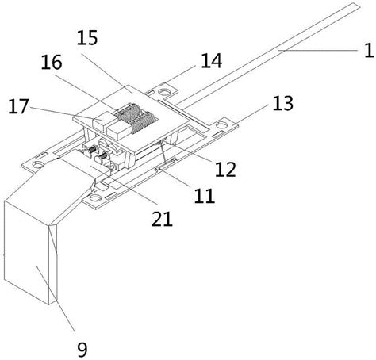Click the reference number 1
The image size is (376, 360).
[x=369, y=50]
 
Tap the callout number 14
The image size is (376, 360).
[x=212, y=61]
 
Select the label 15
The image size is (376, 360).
[x=87, y=37]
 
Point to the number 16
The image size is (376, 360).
[x=52, y=63]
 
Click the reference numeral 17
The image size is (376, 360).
[x=18, y=106]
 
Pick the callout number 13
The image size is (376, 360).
[x=282, y=103]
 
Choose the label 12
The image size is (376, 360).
[x=225, y=170]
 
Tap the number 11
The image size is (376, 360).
[x=205, y=196]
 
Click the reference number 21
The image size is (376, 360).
[x=162, y=219]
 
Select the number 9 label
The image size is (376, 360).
[x=82, y=350]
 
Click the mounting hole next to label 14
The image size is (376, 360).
[x=165, y=92]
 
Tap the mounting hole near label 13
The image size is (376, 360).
[x=222, y=124]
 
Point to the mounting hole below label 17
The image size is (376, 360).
[x=38, y=165]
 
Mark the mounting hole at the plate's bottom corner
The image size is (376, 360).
[x=95, y=197]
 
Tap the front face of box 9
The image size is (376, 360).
[x=26, y=253]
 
